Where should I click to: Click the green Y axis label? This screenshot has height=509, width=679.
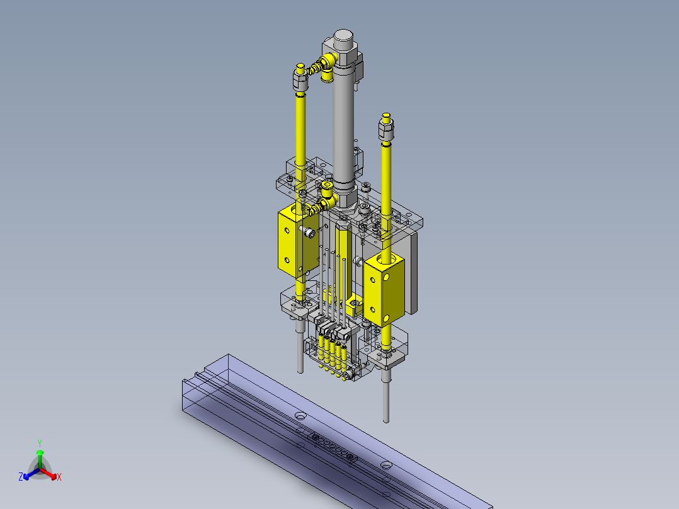(x=40, y=443)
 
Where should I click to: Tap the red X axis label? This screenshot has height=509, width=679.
(x=59, y=477)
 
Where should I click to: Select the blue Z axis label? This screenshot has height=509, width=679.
(x=21, y=476)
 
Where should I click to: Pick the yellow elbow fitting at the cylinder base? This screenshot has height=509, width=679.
(x=326, y=198)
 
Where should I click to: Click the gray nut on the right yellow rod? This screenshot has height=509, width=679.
(x=386, y=130)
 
